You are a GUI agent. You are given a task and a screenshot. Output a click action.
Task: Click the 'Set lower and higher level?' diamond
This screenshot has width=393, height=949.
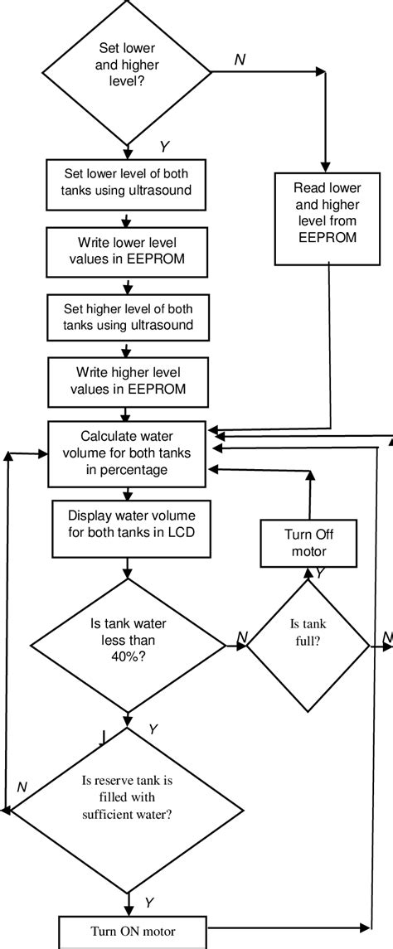pos(128,72)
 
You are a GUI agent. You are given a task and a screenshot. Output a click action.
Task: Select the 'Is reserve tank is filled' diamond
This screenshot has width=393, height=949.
pos(127,801)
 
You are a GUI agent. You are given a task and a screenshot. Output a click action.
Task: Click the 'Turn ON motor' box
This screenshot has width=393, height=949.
pos(129,930)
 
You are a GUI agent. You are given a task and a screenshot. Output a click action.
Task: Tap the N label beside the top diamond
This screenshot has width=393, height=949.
pos(239,61)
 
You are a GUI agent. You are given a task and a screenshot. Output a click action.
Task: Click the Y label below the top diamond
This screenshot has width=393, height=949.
pos(164,147)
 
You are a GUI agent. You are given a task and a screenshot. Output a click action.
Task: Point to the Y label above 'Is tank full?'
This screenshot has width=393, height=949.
pos(319,573)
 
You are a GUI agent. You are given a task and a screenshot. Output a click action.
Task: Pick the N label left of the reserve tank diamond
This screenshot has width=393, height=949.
pos(22,786)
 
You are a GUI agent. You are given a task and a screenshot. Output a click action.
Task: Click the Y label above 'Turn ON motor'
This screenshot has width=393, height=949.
pos(149,901)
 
